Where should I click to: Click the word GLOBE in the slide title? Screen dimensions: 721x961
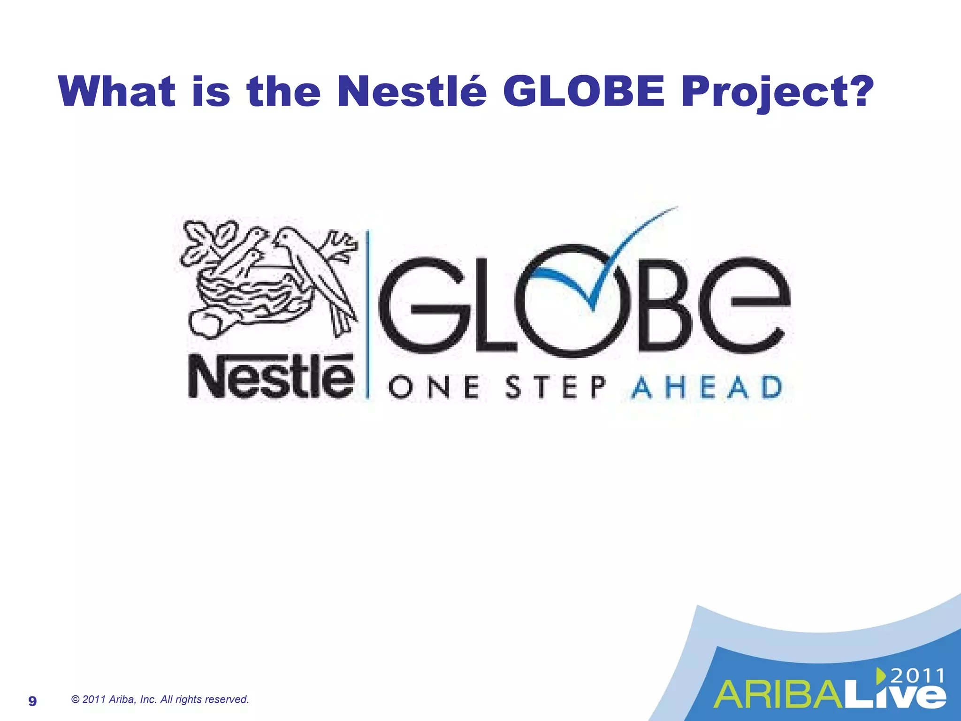tap(584, 92)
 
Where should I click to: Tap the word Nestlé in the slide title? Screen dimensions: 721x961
tap(412, 92)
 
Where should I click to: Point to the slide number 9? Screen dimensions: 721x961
tap(32, 701)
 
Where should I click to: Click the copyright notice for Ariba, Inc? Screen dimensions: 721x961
tap(160, 699)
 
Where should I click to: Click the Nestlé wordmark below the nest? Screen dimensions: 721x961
tap(271, 377)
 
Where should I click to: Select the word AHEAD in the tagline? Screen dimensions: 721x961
tap(707, 388)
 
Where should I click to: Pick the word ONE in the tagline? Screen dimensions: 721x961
tap(434, 388)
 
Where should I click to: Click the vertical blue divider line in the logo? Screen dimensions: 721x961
tap(368, 314)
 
